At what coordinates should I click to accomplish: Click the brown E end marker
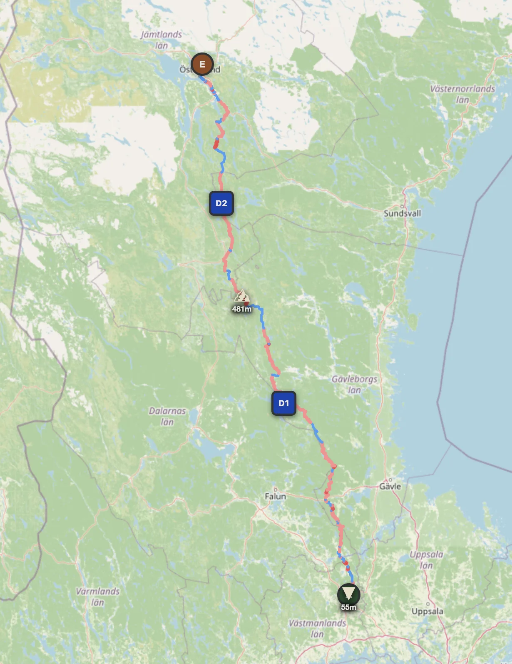tap(202, 64)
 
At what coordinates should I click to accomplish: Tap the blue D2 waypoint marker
tap(221, 203)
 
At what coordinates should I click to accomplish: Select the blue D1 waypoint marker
tap(283, 403)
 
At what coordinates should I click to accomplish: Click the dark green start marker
tap(348, 593)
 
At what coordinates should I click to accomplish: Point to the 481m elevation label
tap(242, 309)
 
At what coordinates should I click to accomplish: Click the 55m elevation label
tap(348, 607)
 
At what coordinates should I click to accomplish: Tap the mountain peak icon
tap(241, 297)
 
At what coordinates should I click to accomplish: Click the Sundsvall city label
tap(402, 213)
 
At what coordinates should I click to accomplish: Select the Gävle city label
tap(390, 486)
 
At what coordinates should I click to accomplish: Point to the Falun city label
tap(275, 496)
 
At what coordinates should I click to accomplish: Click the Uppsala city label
tap(427, 611)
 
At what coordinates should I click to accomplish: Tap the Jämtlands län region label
tap(162, 40)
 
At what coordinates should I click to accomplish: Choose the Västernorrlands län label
tap(462, 94)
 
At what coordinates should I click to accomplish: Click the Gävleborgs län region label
tap(354, 384)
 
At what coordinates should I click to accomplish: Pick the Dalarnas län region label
tap(167, 416)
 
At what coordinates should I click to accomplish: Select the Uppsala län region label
tap(426, 559)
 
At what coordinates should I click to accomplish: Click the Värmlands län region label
tap(98, 597)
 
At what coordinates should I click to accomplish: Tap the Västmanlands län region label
tap(317, 628)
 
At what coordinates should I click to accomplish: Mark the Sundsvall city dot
tap(403, 206)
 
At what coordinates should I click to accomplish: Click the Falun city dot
tap(275, 489)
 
